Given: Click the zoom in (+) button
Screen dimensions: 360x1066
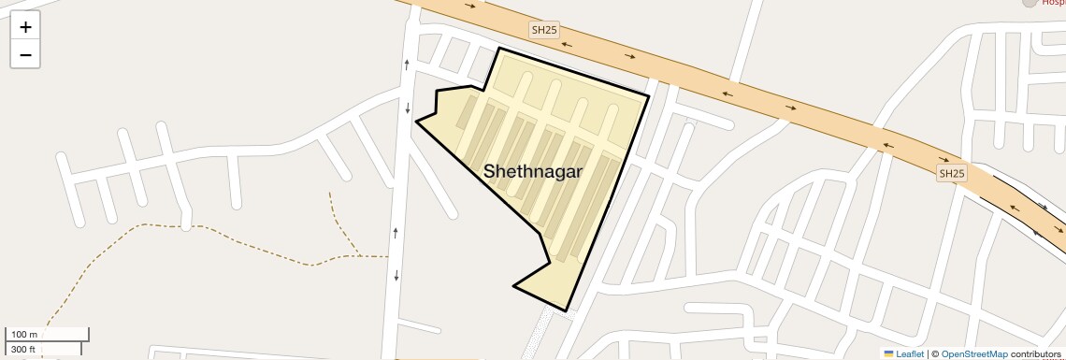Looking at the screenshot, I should [25, 26].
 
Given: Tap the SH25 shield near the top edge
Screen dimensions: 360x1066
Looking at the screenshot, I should [544, 30].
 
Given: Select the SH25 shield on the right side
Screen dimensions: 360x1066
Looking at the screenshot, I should [952, 173].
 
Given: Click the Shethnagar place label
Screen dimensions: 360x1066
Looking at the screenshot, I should [533, 171].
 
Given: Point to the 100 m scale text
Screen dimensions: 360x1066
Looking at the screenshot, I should [24, 334].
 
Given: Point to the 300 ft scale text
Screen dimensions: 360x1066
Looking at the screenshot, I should [23, 350].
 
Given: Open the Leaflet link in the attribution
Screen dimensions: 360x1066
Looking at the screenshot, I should [910, 353].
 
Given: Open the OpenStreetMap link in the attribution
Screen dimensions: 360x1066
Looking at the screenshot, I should [973, 353].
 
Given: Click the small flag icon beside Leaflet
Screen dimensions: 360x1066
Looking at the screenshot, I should [889, 353].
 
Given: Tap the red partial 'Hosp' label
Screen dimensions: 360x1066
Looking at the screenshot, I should [1053, 3].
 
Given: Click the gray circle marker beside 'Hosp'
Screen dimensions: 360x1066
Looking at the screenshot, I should [1030, 3].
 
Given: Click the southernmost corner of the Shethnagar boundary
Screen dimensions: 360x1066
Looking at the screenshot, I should [565, 310].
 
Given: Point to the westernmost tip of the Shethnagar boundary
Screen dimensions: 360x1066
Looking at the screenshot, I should [416, 121].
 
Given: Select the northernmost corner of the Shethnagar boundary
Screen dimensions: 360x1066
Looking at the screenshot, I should [499, 48].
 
